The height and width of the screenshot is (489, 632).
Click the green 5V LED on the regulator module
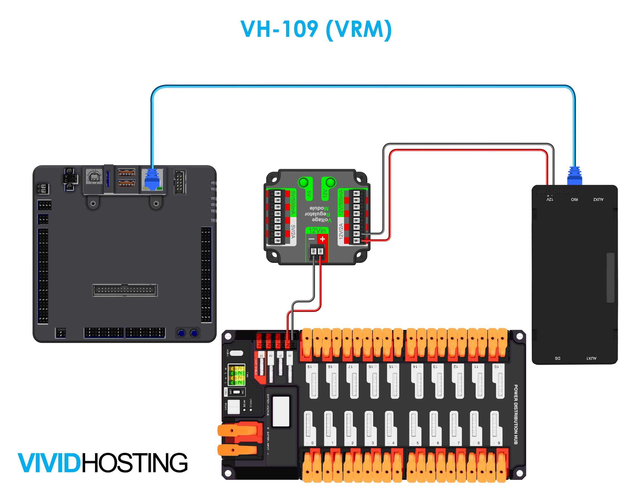pyautogui.click(x=304, y=183)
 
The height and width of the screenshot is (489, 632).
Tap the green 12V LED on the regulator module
pyautogui.click(x=331, y=182)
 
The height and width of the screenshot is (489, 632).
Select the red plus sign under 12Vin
pyautogui.click(x=322, y=239)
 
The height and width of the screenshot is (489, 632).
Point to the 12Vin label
pyautogui.click(x=317, y=230)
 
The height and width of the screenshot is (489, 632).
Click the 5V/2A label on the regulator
pyautogui.click(x=293, y=231)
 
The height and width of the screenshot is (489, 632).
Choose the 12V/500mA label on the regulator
pyautogui.click(x=341, y=202)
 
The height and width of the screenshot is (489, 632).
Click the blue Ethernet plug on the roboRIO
pyautogui.click(x=152, y=179)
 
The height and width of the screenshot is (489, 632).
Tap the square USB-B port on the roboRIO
pyautogui.click(x=94, y=177)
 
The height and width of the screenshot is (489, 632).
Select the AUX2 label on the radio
pyautogui.click(x=598, y=199)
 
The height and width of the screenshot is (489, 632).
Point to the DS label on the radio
pyautogui.click(x=557, y=358)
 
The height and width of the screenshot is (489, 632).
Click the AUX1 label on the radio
pyautogui.click(x=591, y=358)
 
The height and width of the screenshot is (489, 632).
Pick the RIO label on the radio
pyautogui.click(x=574, y=199)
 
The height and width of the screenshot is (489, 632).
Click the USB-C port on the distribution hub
pyautogui.click(x=237, y=353)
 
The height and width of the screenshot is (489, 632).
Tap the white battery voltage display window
pyautogui.click(x=281, y=411)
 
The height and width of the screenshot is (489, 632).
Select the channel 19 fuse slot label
pyautogui.click(x=309, y=367)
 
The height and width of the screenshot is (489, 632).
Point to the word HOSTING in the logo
pyautogui.click(x=135, y=463)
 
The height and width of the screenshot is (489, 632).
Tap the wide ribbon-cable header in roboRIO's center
pyautogui.click(x=125, y=290)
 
